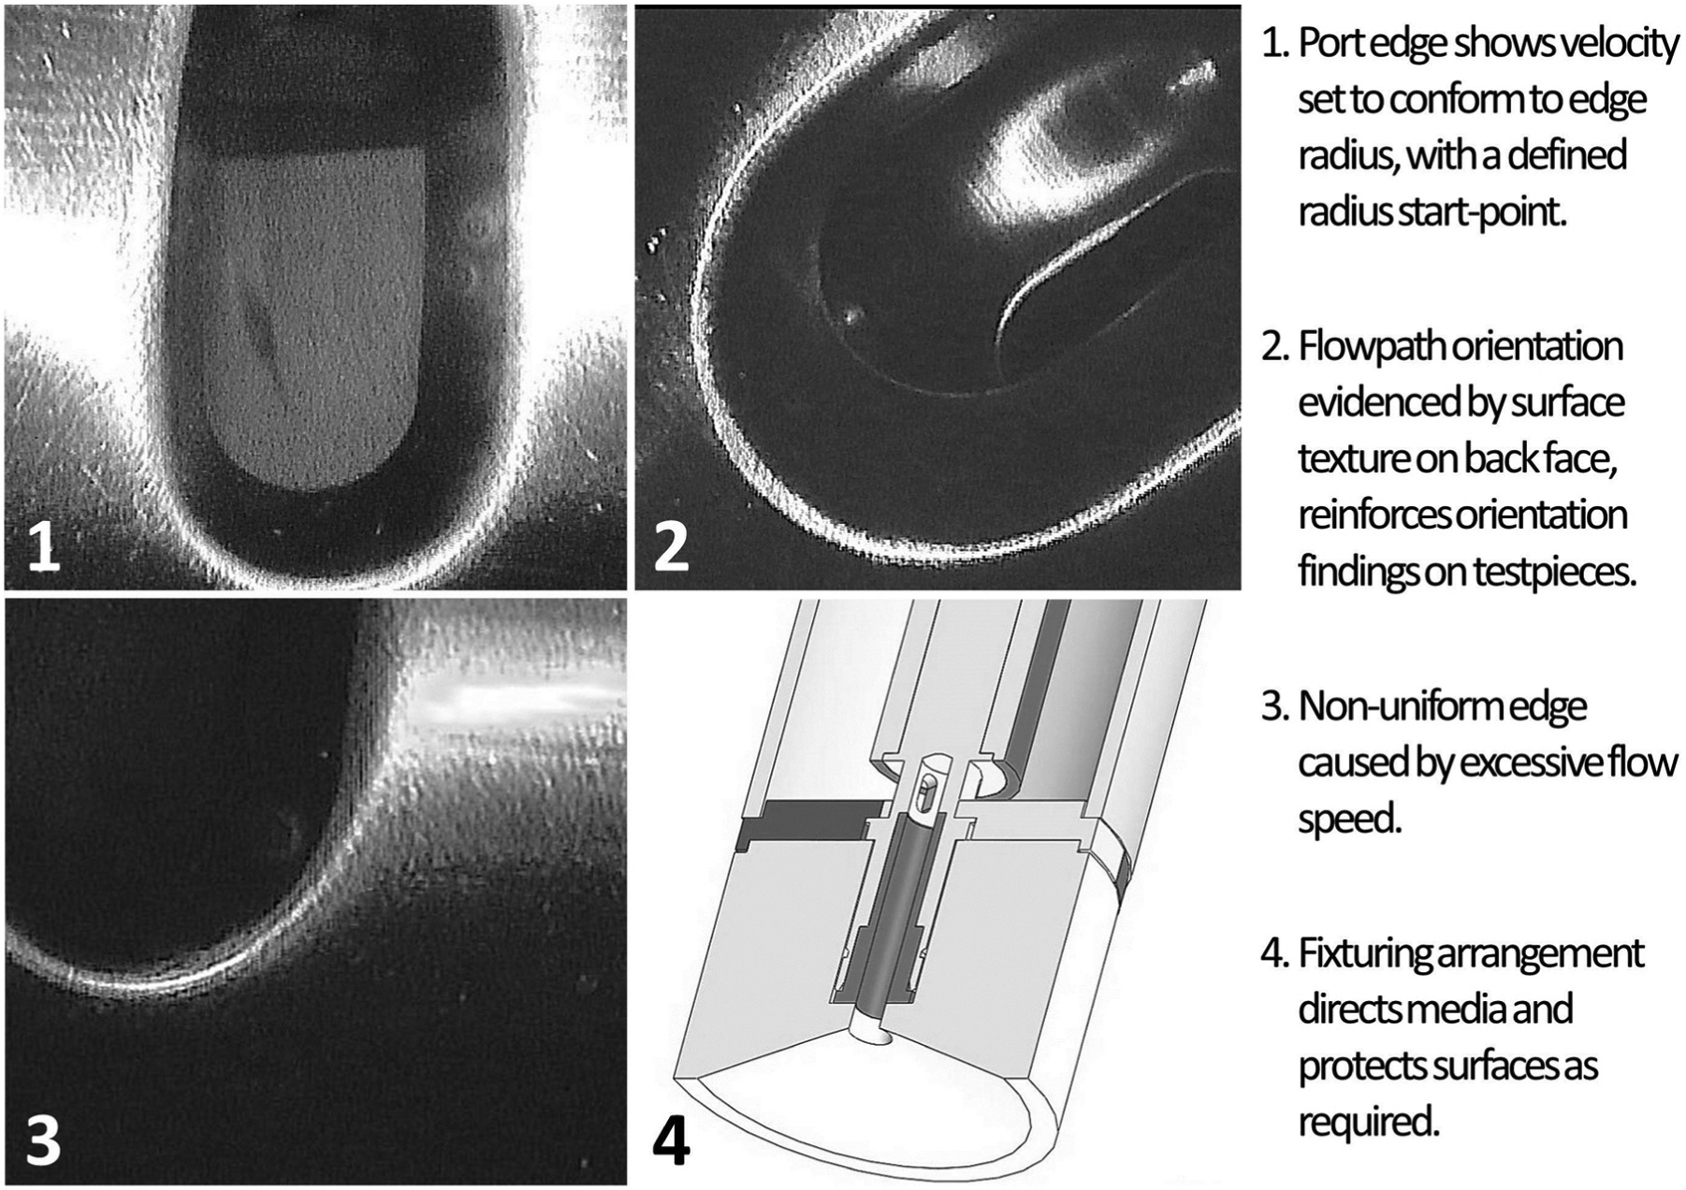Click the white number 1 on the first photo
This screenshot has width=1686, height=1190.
44,546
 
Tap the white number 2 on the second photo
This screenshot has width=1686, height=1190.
671,546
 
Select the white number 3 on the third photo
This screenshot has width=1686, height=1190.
43,1141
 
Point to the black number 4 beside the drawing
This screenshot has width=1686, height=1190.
670,1140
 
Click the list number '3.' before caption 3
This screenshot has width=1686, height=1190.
1275,706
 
